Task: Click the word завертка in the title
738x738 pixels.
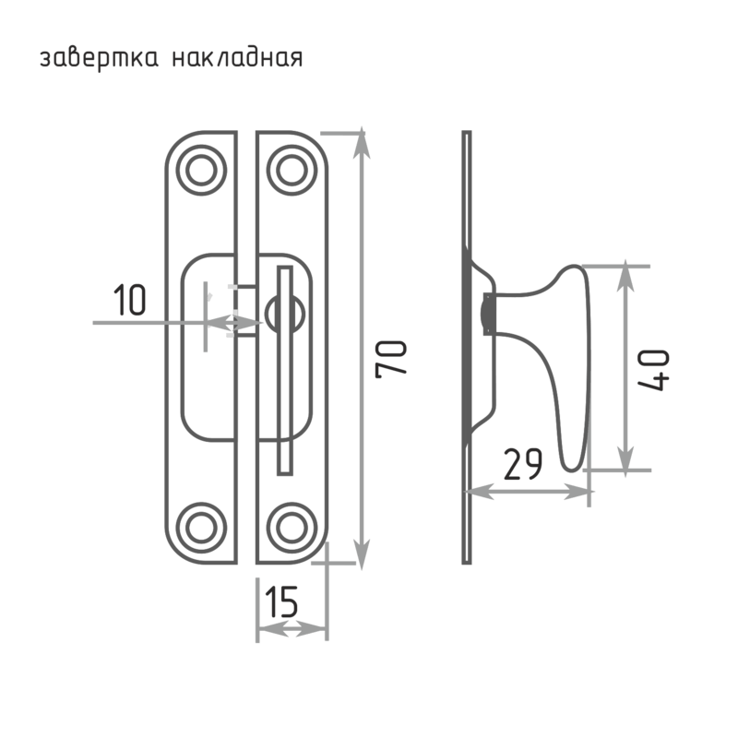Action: point(99,59)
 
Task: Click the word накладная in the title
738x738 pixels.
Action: point(237,58)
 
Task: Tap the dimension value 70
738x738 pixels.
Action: point(391,359)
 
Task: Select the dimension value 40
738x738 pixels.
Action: point(654,370)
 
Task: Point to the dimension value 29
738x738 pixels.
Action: point(523,464)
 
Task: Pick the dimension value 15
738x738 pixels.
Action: point(281,601)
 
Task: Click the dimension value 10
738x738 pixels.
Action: point(129,299)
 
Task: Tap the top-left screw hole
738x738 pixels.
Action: point(201,170)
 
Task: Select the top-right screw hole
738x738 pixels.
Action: point(292,170)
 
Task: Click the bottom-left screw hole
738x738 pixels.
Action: point(201,527)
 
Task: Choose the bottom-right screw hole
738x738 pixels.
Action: point(292,527)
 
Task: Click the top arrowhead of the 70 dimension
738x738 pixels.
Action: point(361,141)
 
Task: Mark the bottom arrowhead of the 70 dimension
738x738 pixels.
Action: point(361,554)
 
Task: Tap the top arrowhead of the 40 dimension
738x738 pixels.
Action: point(625,274)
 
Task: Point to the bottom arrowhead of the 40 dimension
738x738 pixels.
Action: point(625,460)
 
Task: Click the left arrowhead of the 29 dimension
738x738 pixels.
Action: point(479,492)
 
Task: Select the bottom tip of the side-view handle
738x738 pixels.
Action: point(572,470)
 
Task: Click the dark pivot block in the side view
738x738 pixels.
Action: point(488,314)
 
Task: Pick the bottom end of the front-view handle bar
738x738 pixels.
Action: point(285,473)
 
